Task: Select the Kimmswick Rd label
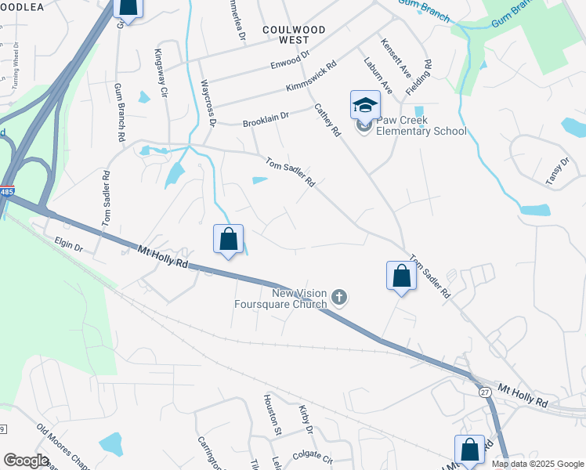[x=311, y=76]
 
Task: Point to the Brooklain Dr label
[x=266, y=119]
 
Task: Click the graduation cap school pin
[x=365, y=105]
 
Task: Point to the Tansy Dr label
[x=559, y=172]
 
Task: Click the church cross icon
[x=338, y=297]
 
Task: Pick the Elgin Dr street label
[x=68, y=246]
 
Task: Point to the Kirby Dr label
[x=306, y=419]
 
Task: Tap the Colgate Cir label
[x=313, y=457]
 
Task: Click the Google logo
[x=26, y=461]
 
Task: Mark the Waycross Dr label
[x=208, y=103]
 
